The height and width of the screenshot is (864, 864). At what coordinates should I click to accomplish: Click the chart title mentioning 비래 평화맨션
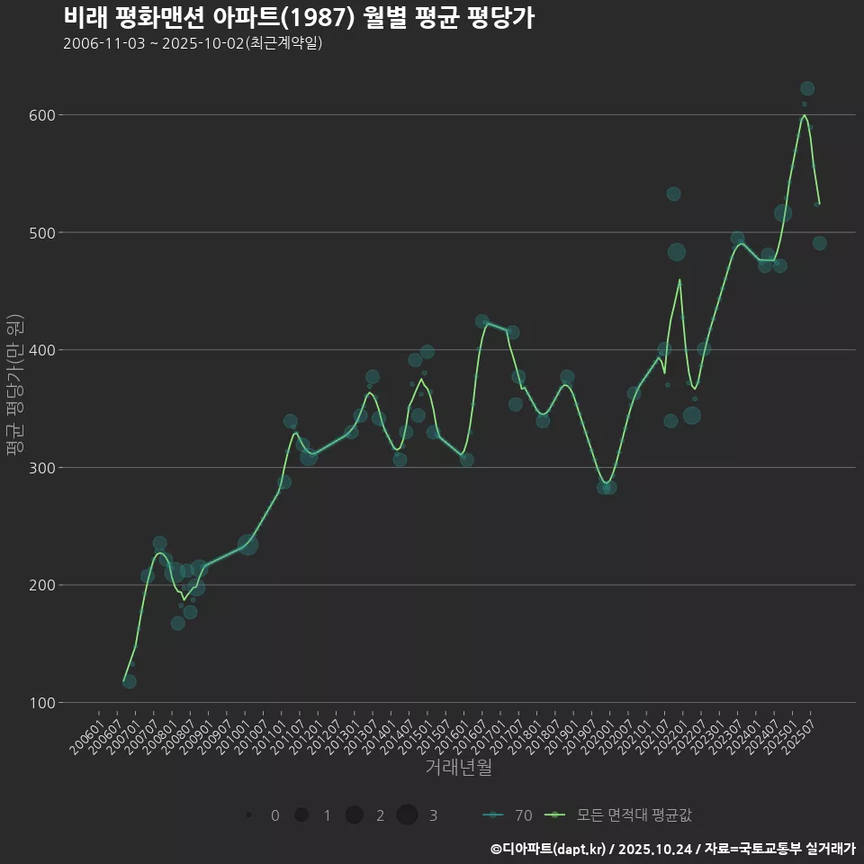299,17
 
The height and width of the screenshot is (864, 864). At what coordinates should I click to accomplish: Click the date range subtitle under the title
193,43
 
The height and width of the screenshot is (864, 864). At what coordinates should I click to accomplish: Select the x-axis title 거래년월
458,768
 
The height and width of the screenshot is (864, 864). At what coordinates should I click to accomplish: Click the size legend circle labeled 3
407,815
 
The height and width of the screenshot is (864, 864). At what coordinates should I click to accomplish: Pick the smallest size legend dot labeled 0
247,815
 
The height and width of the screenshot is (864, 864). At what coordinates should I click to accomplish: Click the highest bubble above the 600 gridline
807,88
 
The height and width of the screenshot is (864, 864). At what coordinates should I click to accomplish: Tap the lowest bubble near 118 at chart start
130,681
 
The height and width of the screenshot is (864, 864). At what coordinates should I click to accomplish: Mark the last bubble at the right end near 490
819,243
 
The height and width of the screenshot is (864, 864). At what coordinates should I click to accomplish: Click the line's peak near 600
804,115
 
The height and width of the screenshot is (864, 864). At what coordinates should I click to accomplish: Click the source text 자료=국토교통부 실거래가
779,849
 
